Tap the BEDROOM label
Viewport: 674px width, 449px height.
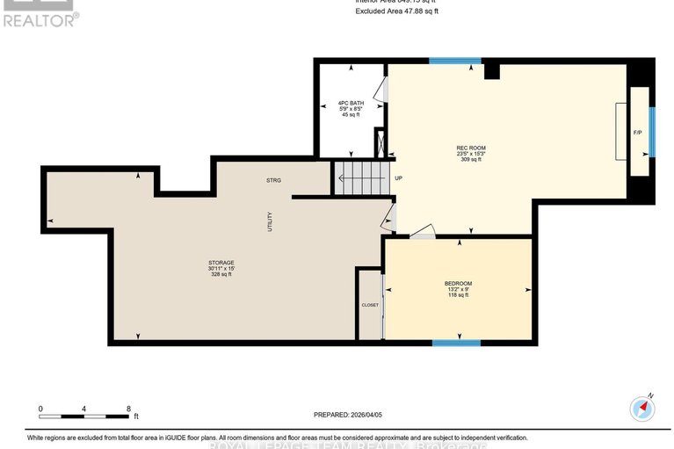tap(458, 283)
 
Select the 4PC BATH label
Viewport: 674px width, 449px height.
tap(351, 103)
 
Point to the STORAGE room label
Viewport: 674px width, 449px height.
tap(221, 263)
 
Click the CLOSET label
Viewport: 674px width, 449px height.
tap(370, 305)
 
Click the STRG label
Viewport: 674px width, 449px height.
tap(273, 180)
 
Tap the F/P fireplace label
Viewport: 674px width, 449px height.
tap(638, 133)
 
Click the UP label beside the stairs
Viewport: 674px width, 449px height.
tap(398, 178)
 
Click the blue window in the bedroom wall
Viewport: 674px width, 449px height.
tap(456, 342)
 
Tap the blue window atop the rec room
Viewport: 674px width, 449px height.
tap(455, 62)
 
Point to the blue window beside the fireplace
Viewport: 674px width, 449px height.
tap(652, 132)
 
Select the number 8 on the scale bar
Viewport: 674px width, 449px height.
tap(128, 409)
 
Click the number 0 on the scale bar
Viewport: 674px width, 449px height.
tap(40, 409)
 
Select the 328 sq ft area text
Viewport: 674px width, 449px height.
tap(221, 274)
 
